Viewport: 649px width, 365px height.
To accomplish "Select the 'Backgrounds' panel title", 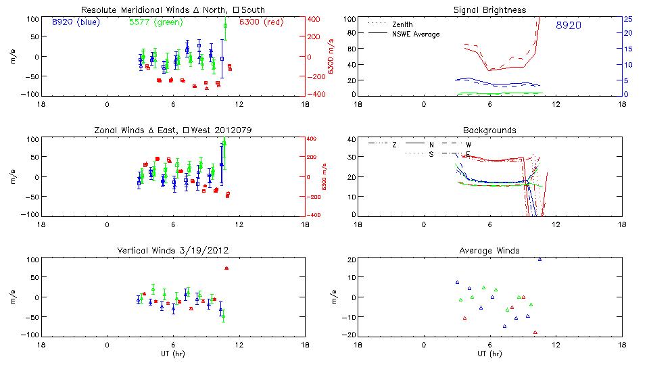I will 490,130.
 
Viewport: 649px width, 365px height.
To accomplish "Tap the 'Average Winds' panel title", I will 490,251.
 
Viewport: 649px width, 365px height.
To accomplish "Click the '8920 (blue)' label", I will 75,22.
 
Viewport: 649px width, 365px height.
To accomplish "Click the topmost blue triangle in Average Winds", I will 539,260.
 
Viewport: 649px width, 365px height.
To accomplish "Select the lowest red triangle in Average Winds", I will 535,332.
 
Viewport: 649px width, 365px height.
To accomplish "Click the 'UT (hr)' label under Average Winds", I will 490,354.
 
